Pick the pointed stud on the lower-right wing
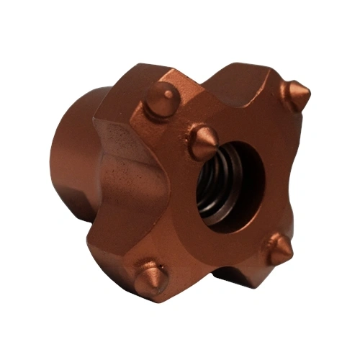[x=277, y=248]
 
